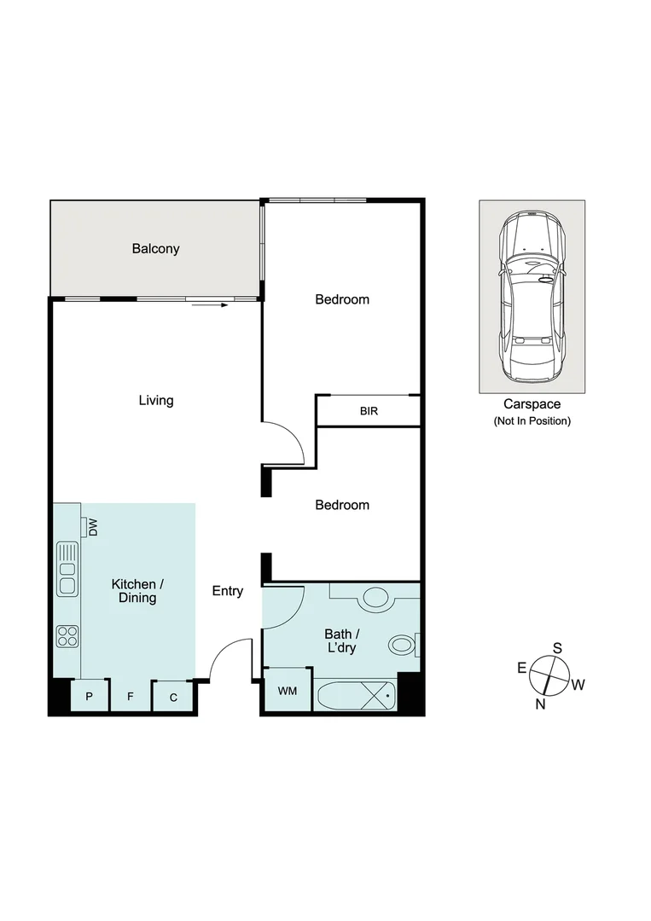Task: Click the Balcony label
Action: pos(155,249)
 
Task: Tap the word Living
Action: pos(156,400)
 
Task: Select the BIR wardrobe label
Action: pos(369,411)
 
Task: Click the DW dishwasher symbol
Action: pos(90,528)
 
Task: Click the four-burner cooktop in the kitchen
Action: pos(67,635)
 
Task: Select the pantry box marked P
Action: pos(89,697)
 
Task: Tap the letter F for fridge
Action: pos(131,697)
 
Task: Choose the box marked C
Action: pos(173,697)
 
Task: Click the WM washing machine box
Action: pos(288,691)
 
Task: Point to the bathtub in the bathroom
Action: pos(357,696)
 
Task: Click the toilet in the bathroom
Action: pos(402,644)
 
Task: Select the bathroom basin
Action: pos(375,596)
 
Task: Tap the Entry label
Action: pos(228,591)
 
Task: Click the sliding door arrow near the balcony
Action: pos(211,304)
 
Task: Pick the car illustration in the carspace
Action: pos(532,298)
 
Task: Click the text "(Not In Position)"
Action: pos(532,421)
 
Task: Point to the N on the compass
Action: pos(540,704)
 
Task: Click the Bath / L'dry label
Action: pos(340,641)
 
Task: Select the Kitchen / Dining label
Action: pos(137,591)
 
